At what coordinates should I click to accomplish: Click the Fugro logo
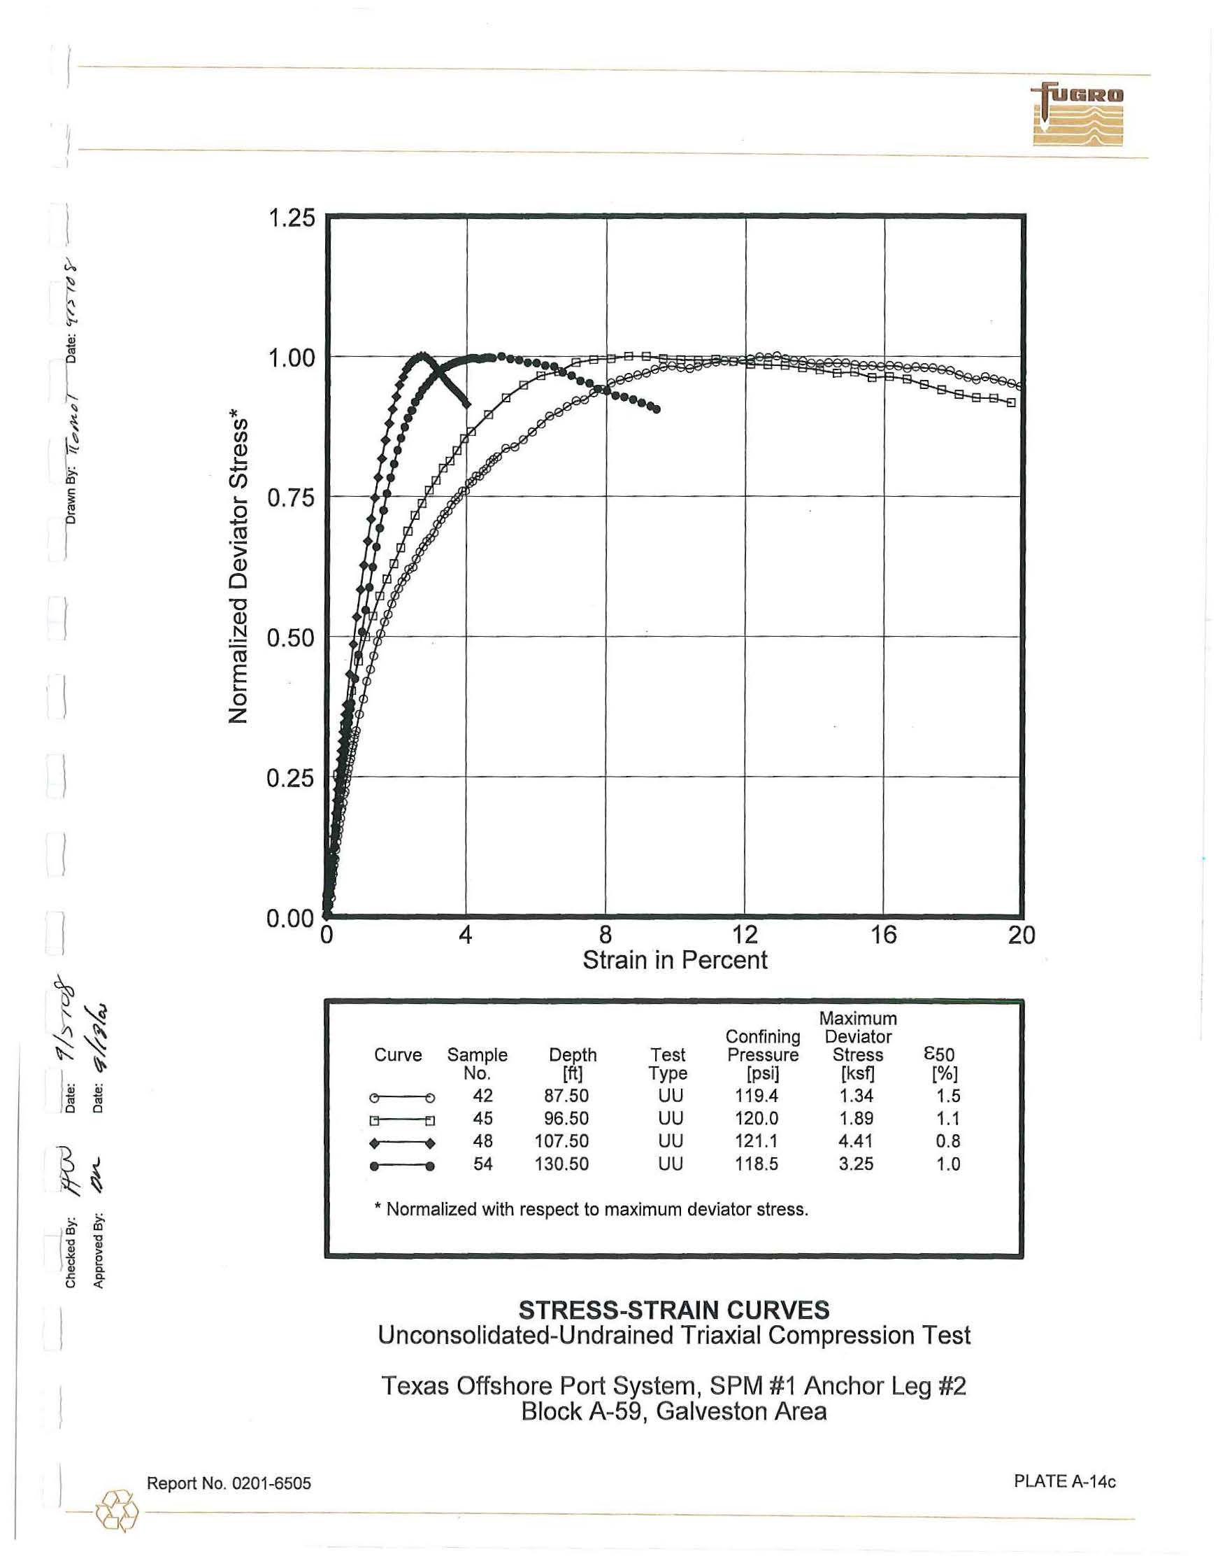(x=1077, y=115)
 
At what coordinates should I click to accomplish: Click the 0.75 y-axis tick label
(x=291, y=497)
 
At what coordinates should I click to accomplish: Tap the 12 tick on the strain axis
(x=745, y=935)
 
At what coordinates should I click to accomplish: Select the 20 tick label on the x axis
(x=1022, y=935)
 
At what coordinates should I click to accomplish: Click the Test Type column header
(x=668, y=1064)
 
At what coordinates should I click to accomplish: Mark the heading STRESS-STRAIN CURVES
(x=674, y=1311)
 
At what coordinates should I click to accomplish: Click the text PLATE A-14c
(x=1064, y=1481)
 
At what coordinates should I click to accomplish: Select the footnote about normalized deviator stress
(x=592, y=1210)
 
